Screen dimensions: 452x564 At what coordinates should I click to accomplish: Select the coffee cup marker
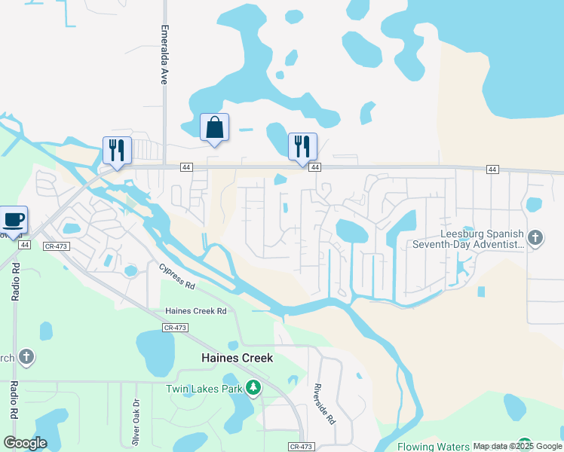point(14,219)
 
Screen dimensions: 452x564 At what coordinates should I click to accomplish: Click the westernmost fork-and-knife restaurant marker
point(117,149)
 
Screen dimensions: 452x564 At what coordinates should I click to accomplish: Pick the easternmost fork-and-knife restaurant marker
point(302,145)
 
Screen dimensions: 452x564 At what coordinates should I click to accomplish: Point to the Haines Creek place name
point(236,359)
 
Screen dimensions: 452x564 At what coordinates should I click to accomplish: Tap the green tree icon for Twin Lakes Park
point(253,389)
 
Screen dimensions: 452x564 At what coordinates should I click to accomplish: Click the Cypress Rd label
point(177,276)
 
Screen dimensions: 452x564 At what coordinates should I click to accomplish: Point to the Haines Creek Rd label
point(196,311)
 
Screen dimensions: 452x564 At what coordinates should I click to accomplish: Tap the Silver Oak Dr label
point(136,420)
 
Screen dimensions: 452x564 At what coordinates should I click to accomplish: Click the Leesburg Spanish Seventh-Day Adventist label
point(467,239)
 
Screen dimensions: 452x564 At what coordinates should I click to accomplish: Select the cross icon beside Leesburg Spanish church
point(535,238)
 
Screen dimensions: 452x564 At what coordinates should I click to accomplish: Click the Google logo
point(25,443)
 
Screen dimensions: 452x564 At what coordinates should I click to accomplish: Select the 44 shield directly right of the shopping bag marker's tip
point(315,167)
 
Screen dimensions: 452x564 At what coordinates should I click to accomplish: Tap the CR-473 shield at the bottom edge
point(301,447)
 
